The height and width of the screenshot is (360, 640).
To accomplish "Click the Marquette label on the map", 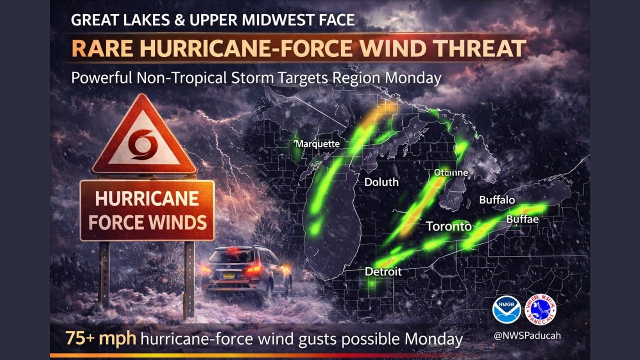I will tap(318, 144).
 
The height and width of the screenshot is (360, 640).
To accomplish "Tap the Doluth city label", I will tap(381, 182).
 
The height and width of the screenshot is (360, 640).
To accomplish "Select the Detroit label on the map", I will tap(383, 271).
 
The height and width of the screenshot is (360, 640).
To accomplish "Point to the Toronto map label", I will tap(448, 226).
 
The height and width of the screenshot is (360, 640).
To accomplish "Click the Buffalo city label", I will tap(497, 200).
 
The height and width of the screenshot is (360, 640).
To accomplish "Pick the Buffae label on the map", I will tap(522, 219).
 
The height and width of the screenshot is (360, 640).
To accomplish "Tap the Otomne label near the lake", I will tap(450, 172).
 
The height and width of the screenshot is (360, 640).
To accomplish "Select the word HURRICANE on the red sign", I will tap(147, 198).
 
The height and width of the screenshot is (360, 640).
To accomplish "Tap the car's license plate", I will tap(229, 274).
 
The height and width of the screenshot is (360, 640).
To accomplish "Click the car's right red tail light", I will tap(254, 269).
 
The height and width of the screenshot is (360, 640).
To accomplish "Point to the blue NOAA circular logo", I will tap(506, 309).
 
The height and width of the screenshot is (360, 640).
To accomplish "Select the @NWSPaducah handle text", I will tap(527, 335).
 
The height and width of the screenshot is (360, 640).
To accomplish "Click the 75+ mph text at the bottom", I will tap(100, 338).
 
